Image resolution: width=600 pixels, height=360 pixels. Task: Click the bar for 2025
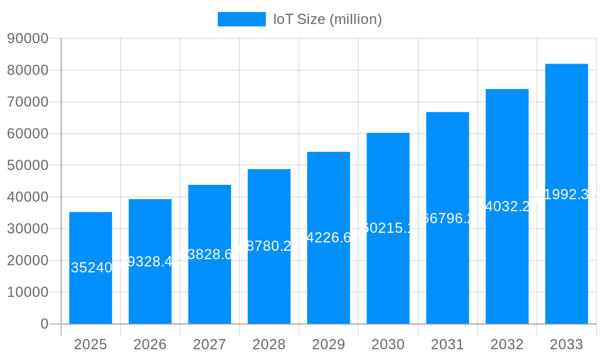(x=91, y=240)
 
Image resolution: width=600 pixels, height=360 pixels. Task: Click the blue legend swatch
(x=241, y=19)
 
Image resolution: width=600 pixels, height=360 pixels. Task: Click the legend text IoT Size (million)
(x=328, y=19)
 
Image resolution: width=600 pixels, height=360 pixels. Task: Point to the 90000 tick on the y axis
(x=28, y=38)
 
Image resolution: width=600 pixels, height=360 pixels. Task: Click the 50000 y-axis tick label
(x=28, y=165)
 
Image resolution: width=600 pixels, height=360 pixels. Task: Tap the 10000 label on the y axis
(x=28, y=292)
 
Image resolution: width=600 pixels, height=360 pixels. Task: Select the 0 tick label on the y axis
(x=44, y=324)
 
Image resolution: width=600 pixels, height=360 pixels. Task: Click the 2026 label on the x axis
(x=150, y=344)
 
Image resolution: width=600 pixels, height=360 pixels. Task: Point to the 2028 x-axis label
(x=269, y=344)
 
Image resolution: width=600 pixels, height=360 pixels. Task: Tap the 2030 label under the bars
(x=388, y=344)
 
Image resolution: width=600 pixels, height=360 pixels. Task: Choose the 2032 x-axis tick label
(x=507, y=344)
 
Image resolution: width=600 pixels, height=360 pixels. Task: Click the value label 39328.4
(x=150, y=262)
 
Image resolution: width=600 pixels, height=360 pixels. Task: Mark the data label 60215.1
(x=388, y=228)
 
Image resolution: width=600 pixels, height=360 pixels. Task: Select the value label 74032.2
(x=507, y=206)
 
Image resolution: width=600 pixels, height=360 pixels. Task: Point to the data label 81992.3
(x=566, y=194)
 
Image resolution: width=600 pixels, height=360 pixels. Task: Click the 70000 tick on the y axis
(x=28, y=102)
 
